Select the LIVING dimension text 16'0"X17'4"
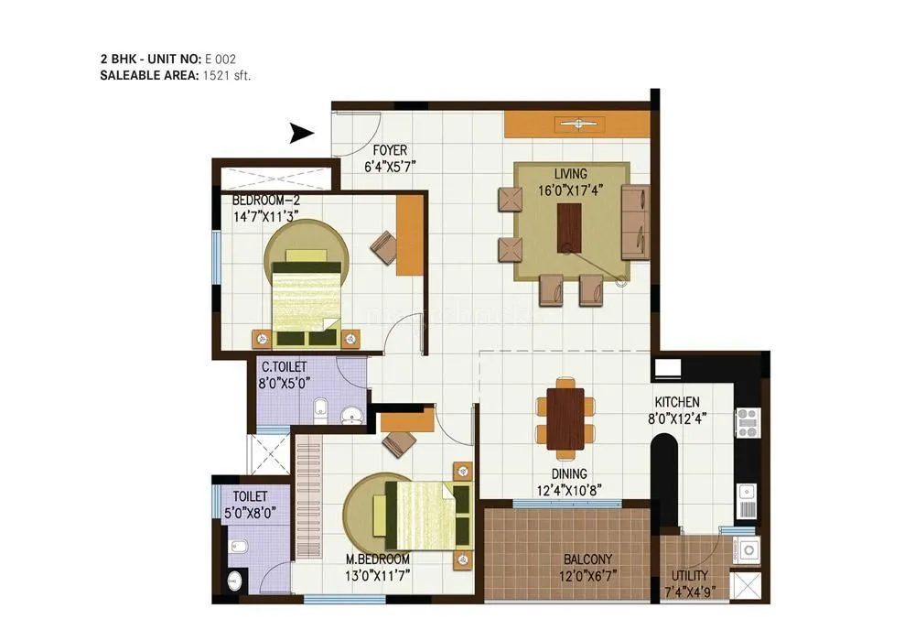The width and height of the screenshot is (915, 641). pyautogui.click(x=570, y=190)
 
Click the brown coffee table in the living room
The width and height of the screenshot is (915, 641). pyautogui.click(x=570, y=227)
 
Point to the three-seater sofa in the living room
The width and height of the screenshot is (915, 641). pyautogui.click(x=635, y=223)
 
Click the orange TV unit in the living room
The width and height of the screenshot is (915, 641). pyautogui.click(x=576, y=125)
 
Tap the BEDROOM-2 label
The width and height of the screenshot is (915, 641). pyautogui.click(x=265, y=200)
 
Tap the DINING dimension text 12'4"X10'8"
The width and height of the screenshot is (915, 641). pyautogui.click(x=571, y=490)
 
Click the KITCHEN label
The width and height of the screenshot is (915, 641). pyautogui.click(x=677, y=402)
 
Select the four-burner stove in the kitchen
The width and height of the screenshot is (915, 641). pyautogui.click(x=747, y=422)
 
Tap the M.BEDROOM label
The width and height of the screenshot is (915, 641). pyautogui.click(x=378, y=559)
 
